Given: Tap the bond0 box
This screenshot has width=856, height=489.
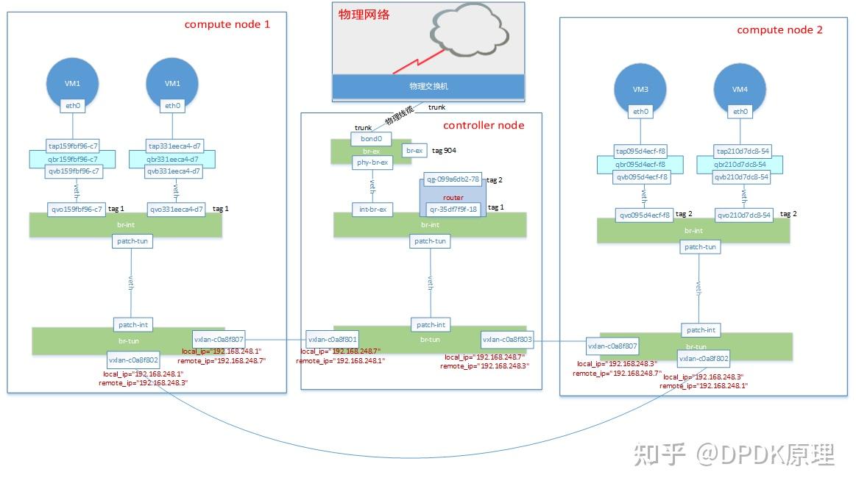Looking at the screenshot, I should click(x=371, y=138).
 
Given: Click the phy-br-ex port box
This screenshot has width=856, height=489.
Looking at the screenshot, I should click(x=373, y=162).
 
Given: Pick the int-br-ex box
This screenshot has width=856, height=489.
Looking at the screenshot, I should click(x=373, y=210).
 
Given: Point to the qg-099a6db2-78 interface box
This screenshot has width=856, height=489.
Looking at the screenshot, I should click(x=453, y=179).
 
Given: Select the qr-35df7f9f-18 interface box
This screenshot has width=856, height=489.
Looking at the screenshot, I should click(x=453, y=208).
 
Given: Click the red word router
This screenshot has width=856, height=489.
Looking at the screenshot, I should click(x=453, y=197).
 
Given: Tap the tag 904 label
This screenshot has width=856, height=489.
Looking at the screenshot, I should click(x=444, y=150).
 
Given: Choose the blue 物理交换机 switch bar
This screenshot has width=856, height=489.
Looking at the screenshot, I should click(x=428, y=86).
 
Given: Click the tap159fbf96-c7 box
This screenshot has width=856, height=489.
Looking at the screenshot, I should click(x=72, y=146).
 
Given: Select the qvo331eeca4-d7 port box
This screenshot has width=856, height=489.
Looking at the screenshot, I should click(x=175, y=209).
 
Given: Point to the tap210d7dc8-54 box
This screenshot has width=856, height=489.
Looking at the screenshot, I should click(x=742, y=151).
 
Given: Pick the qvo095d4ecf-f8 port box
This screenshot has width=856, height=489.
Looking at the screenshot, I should click(x=645, y=215).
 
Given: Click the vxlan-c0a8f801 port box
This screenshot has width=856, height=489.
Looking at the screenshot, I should click(x=333, y=340).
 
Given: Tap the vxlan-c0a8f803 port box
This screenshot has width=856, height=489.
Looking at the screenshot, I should click(x=508, y=340).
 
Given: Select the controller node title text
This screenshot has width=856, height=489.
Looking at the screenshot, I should click(x=484, y=125).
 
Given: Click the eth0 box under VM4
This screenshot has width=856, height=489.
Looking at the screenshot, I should click(x=740, y=112).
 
